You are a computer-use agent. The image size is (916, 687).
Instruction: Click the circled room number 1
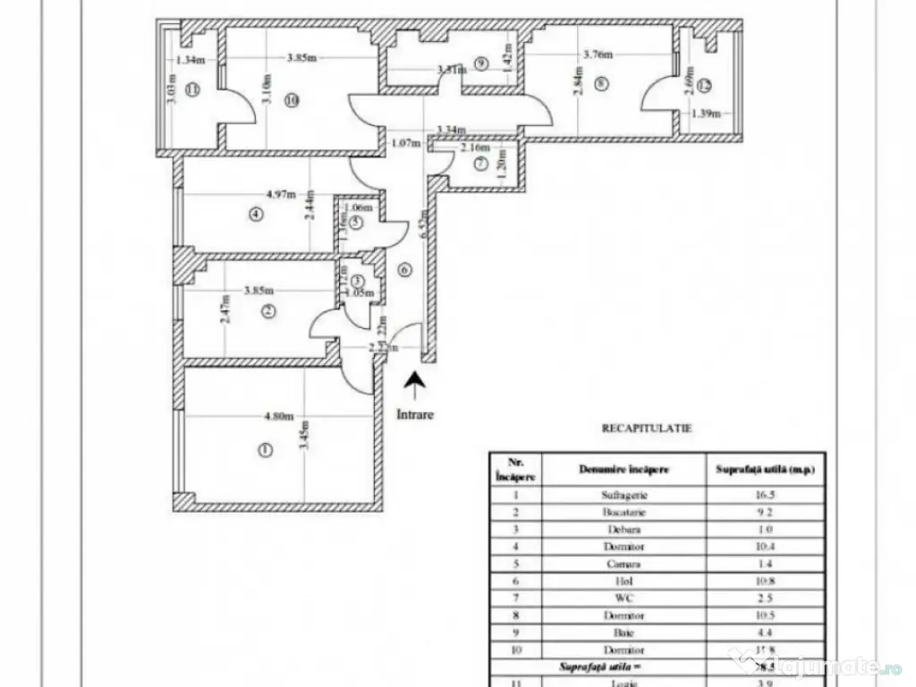coord(264,450)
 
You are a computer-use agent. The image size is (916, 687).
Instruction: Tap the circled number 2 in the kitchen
coord(268,310)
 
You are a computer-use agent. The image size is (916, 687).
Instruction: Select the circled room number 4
coord(257,214)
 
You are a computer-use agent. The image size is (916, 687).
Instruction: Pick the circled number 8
coord(600,85)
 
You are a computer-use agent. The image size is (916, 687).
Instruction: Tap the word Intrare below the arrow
coord(414,414)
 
